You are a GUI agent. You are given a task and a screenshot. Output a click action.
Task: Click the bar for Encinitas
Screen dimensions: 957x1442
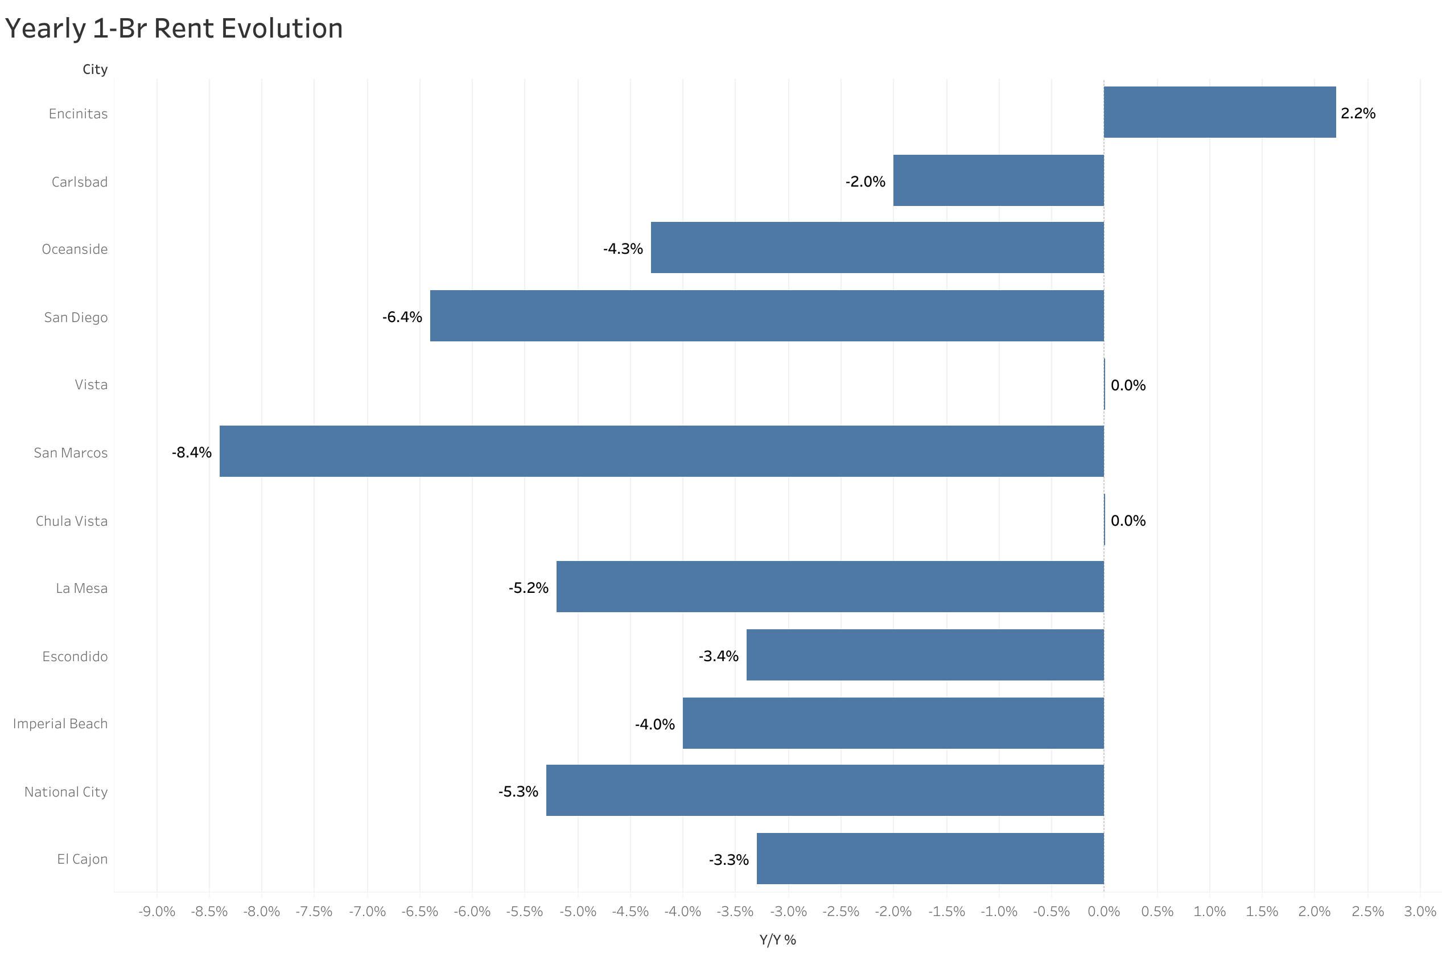pyautogui.click(x=1219, y=112)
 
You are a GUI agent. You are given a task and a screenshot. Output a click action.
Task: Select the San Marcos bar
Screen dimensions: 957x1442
pyautogui.click(x=661, y=451)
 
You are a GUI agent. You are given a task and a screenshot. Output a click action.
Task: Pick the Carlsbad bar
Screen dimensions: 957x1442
pyautogui.click(x=998, y=181)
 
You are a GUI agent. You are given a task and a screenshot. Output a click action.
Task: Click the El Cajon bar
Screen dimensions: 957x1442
pyautogui.click(x=929, y=858)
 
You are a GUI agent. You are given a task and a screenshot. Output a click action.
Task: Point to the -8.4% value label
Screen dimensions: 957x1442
pyautogui.click(x=191, y=452)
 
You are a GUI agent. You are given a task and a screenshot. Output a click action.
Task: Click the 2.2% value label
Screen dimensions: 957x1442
pyautogui.click(x=1357, y=114)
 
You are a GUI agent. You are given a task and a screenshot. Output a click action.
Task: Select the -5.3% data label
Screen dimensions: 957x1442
pyautogui.click(x=517, y=791)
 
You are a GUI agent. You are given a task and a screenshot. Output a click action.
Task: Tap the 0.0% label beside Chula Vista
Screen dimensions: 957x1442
pyautogui.click(x=1127, y=521)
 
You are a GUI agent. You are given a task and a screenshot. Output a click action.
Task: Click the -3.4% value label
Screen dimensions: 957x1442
pyautogui.click(x=718, y=656)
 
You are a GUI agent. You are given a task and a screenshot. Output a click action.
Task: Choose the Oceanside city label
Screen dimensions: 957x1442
pyautogui.click(x=75, y=249)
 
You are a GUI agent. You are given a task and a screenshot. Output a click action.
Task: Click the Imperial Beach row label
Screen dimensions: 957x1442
pyautogui.click(x=60, y=723)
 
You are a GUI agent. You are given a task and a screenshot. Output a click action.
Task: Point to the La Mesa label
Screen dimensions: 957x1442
pyautogui.click(x=81, y=588)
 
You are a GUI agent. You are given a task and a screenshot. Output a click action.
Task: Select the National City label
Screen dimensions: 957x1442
pyautogui.click(x=66, y=791)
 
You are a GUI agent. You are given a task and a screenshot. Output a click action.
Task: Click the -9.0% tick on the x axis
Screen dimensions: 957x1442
pyautogui.click(x=156, y=911)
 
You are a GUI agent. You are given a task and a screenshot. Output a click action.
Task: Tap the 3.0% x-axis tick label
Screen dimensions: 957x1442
pyautogui.click(x=1419, y=911)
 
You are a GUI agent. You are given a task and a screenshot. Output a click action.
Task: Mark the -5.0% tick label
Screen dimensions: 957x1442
pyautogui.click(x=577, y=911)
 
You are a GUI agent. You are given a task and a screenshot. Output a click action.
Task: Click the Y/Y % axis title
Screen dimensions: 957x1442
pyautogui.click(x=777, y=940)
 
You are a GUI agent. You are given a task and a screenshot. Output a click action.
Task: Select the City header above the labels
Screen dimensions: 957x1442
pyautogui.click(x=94, y=69)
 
